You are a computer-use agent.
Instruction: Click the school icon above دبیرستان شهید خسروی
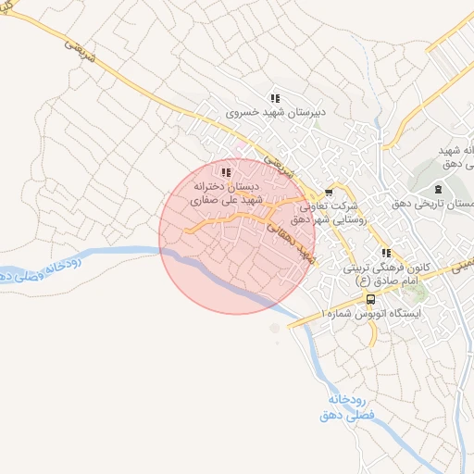tap(274, 98)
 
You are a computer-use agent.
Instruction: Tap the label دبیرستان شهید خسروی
tap(274, 114)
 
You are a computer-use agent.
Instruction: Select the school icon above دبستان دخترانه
tap(226, 171)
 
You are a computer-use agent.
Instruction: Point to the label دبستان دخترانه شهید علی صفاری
tap(228, 193)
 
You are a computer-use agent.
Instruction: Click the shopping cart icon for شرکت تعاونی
tap(328, 193)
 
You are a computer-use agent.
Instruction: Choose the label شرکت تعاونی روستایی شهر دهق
tap(330, 215)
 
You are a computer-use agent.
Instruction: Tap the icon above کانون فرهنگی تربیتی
tap(386, 253)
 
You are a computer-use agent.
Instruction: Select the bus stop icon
tap(371, 299)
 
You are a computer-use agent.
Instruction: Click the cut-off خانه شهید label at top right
tap(456, 156)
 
